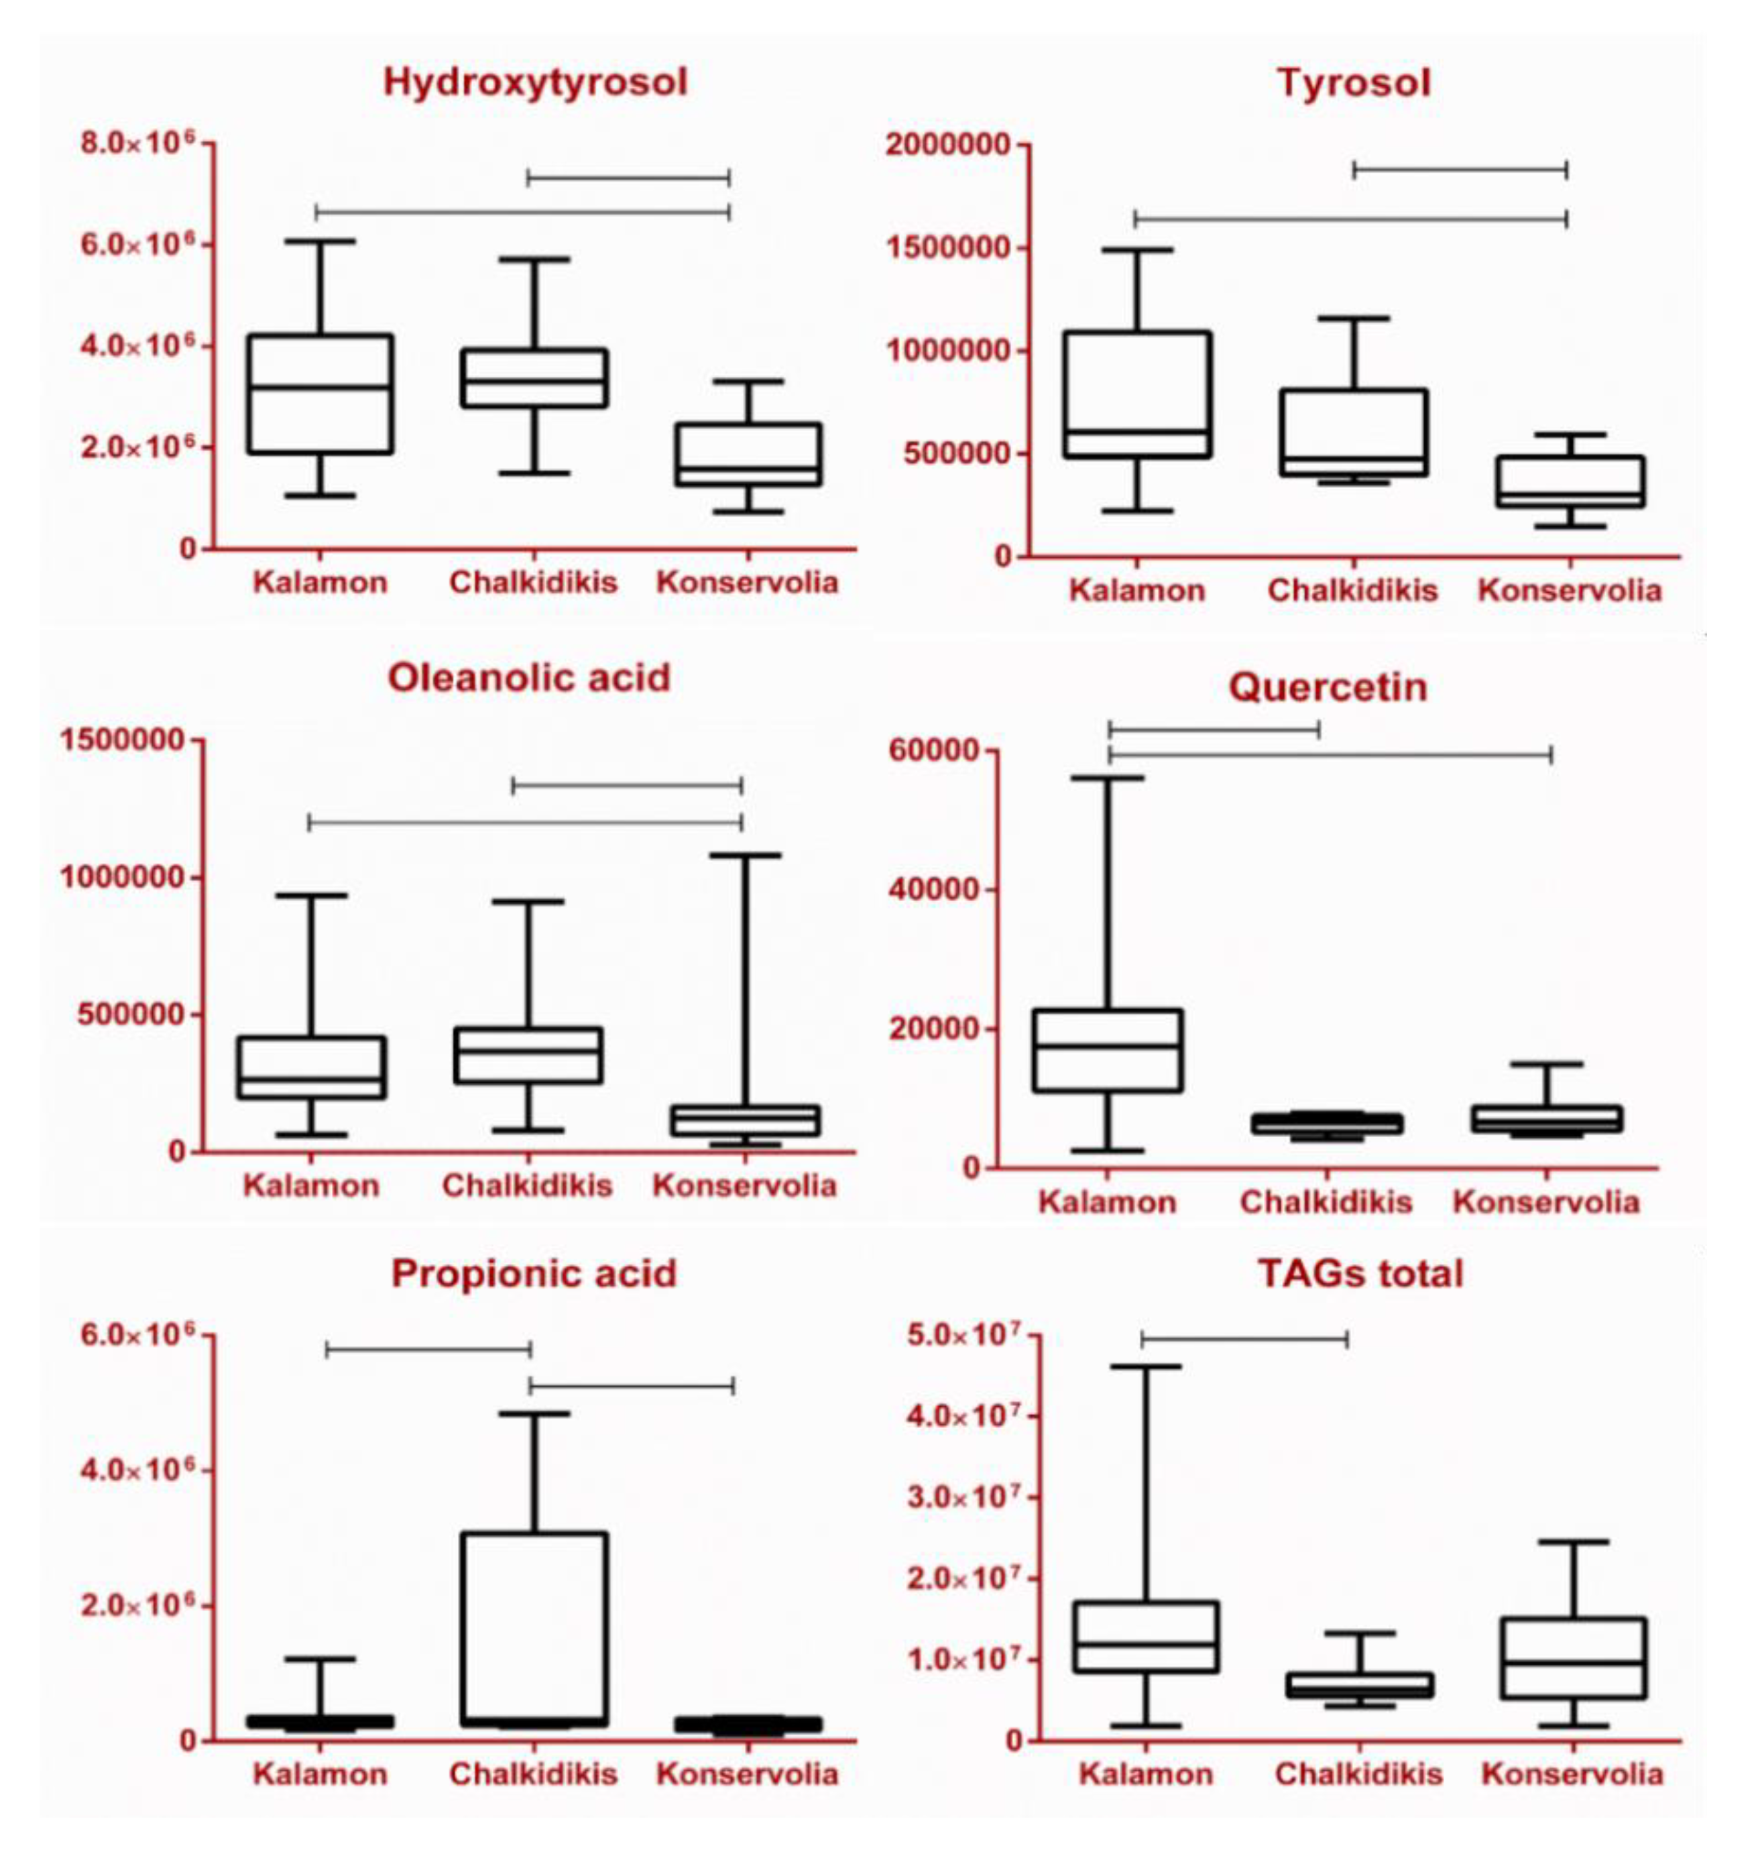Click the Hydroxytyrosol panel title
[x=534, y=82]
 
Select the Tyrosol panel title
[x=1353, y=82]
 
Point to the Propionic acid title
[x=534, y=1273]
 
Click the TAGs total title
[x=1360, y=1273]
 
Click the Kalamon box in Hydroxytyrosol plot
[x=320, y=394]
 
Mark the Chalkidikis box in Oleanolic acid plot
[x=528, y=1054]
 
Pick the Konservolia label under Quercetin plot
[x=1545, y=1202]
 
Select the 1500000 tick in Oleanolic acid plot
[x=122, y=740]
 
